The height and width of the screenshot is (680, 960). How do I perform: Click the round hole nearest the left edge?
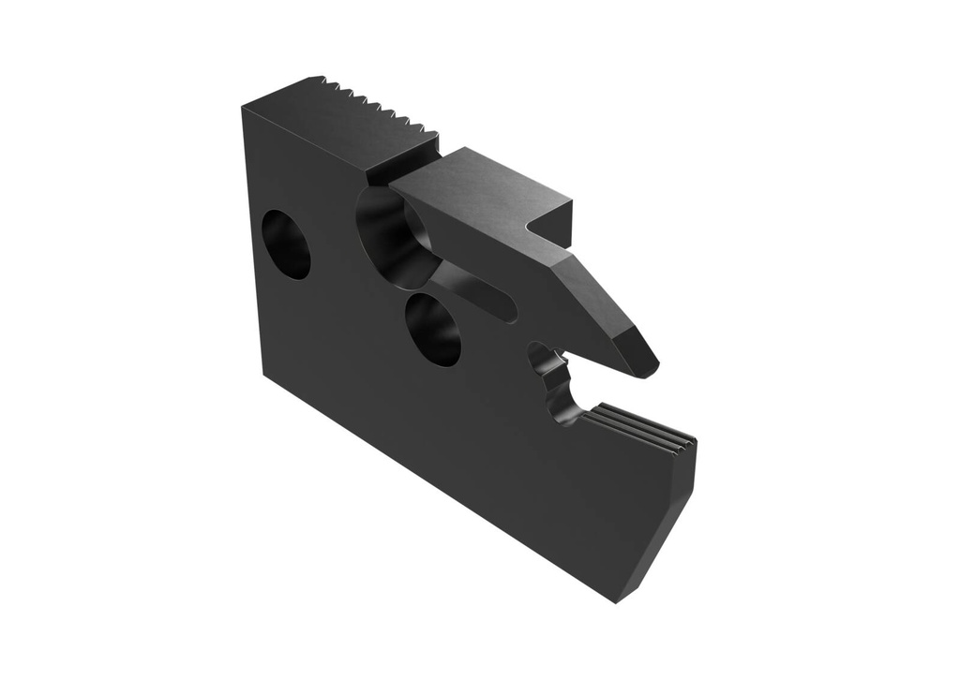point(285,244)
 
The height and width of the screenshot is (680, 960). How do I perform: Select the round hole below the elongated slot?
point(432,329)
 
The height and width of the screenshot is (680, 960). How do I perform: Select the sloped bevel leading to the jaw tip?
point(600,300)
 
